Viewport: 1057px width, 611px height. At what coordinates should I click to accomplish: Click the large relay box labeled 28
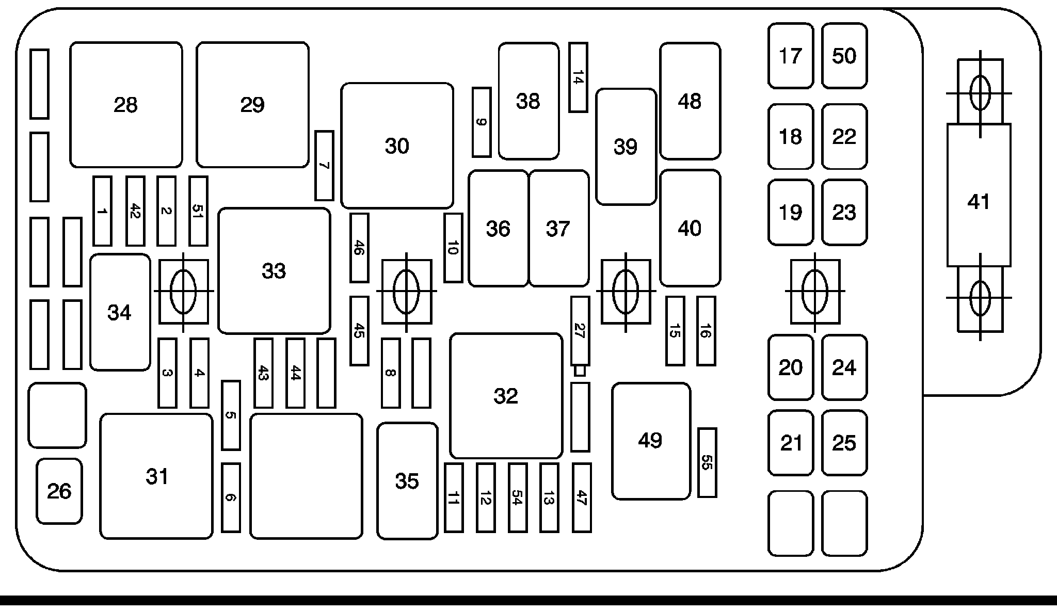126,105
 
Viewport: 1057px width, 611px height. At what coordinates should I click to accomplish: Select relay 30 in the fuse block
397,146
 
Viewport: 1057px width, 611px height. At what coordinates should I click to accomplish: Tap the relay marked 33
274,270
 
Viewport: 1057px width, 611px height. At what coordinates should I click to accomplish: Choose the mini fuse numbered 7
324,166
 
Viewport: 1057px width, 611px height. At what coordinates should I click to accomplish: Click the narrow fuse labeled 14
578,77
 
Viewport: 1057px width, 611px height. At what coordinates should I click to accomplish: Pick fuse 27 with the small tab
580,330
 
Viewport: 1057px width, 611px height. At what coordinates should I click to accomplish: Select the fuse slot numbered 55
707,462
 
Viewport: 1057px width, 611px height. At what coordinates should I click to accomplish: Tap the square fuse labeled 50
844,56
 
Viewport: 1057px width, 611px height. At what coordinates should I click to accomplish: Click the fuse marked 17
791,56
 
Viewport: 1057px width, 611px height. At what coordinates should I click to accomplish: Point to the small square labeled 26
59,491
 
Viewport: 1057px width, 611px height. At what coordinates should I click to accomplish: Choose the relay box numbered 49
651,441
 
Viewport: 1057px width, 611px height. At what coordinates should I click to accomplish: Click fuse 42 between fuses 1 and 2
135,211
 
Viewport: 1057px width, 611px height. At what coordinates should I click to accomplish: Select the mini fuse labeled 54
517,497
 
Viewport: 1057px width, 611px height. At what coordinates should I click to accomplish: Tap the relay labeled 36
498,228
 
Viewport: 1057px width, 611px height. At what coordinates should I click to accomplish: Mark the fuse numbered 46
359,248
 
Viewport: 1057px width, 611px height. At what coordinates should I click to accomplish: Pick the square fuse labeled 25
844,443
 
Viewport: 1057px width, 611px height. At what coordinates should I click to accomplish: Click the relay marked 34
120,312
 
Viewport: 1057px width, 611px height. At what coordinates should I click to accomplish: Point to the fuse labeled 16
706,331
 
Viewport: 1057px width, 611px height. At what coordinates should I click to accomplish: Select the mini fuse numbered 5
231,415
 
